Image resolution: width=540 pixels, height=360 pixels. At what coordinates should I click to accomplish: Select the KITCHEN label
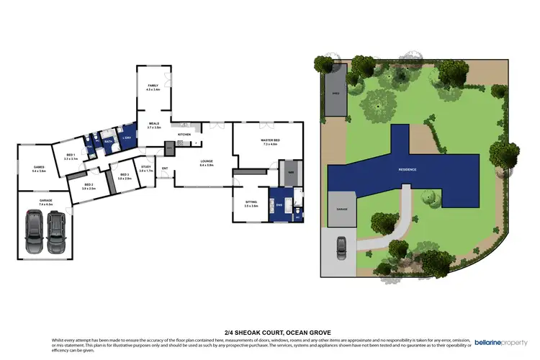click(184, 135)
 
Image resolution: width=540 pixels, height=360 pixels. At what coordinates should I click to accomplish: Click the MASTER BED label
click(270, 142)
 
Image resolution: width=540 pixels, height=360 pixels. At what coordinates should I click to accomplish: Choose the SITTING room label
click(251, 204)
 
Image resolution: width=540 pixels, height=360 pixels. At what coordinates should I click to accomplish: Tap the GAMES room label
click(39, 169)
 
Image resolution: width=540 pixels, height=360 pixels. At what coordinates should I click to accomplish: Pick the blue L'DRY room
click(127, 137)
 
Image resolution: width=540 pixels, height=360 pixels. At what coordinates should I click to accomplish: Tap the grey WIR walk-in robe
click(291, 174)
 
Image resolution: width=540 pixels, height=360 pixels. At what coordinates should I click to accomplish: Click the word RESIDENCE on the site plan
click(408, 169)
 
